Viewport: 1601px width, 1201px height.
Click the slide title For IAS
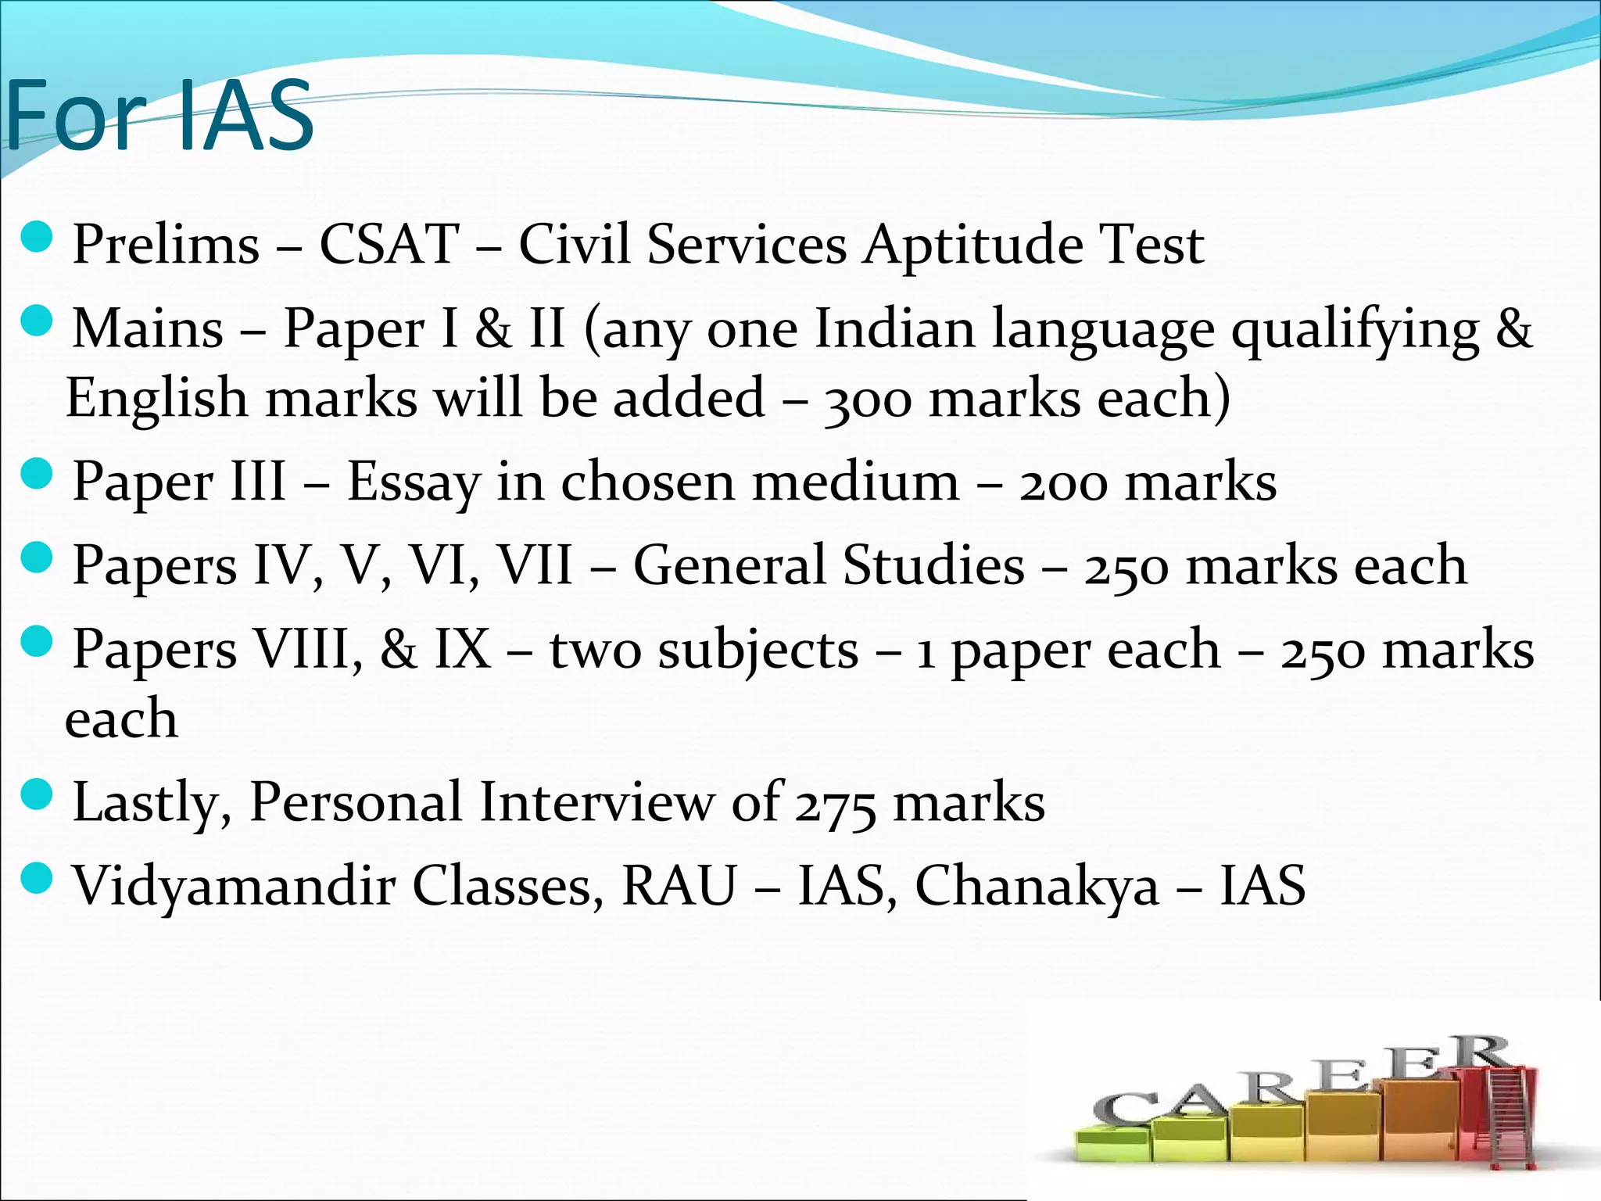[x=160, y=116]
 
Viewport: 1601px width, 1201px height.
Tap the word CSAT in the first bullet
[x=389, y=244]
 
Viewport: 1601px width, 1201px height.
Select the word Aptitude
[x=973, y=246]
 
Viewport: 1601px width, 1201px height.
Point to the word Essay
[x=413, y=482]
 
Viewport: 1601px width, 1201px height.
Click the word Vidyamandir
[x=233, y=887]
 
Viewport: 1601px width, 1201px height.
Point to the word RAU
[x=679, y=886]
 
